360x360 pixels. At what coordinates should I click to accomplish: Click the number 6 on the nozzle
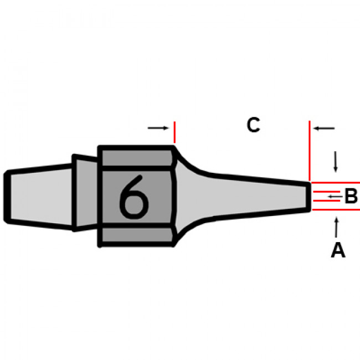tap(134, 197)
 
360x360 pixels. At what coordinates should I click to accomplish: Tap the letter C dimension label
tap(253, 125)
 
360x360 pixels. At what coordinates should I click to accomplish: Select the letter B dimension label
tap(351, 197)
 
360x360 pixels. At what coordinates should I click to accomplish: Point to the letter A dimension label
tap(338, 251)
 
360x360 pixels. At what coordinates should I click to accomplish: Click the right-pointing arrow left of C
tap(158, 128)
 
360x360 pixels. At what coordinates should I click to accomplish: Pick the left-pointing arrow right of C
tap(325, 128)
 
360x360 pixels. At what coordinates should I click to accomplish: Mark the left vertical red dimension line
tap(174, 133)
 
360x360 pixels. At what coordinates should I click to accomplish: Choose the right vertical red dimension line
tap(310, 150)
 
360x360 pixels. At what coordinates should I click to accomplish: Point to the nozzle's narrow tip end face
tap(309, 196)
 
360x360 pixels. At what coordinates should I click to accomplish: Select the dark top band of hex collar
tap(136, 157)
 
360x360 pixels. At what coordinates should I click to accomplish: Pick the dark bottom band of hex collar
tap(136, 235)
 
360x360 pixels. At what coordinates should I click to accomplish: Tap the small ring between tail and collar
tap(86, 194)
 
